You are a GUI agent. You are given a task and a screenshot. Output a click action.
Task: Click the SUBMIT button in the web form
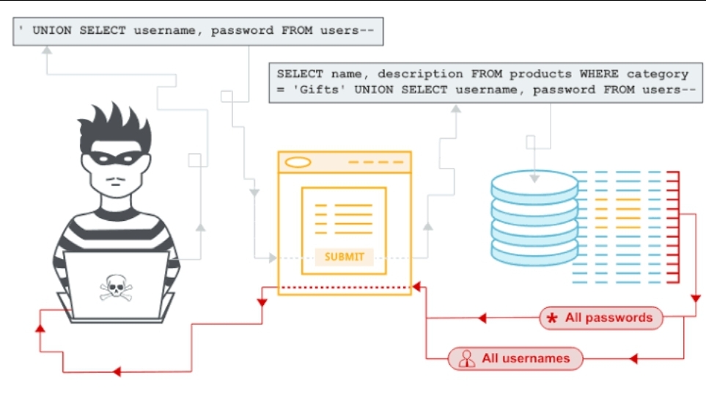tap(344, 257)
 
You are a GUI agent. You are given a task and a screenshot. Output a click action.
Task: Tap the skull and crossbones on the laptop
tap(116, 288)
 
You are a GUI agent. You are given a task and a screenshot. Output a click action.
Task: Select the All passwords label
tap(600, 318)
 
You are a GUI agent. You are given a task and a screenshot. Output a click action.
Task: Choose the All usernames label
tap(515, 359)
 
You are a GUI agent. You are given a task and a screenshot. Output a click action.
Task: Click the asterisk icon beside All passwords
tap(551, 318)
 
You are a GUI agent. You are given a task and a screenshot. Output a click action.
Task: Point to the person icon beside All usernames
tap(466, 359)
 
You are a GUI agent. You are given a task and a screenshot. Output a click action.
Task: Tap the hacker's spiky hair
tap(115, 128)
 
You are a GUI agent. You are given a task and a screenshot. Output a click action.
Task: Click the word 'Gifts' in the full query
tap(319, 90)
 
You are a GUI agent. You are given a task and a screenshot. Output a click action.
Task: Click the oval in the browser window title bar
tap(298, 162)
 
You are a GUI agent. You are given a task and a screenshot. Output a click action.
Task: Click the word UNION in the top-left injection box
tap(52, 31)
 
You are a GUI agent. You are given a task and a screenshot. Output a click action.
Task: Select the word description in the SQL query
tap(420, 74)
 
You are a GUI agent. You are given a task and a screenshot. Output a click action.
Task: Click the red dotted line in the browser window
tap(344, 287)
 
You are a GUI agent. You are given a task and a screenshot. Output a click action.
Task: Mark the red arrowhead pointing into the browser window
tap(416, 287)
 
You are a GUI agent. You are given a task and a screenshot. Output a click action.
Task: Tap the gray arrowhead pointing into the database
tap(534, 179)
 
